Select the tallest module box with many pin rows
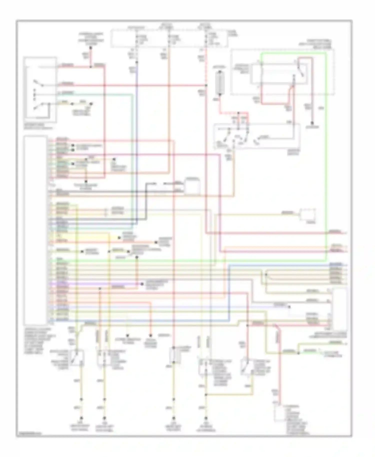pos(35,230)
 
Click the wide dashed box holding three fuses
pos(169,38)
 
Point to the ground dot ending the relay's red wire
pos(312,123)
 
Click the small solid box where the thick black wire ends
pos(192,186)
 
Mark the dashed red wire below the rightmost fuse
pos(206,67)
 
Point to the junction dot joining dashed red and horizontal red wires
pos(206,85)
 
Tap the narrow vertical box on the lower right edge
pos(339,309)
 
